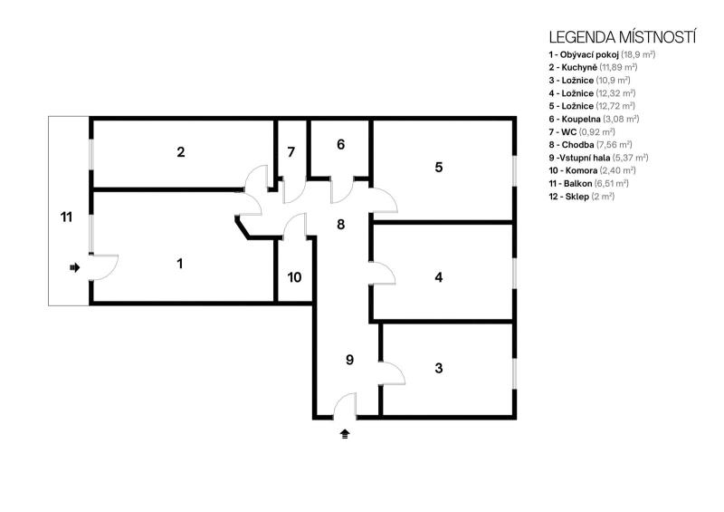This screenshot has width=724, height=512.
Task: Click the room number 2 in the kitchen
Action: tap(180, 151)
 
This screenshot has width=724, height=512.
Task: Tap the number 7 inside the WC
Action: tap(291, 152)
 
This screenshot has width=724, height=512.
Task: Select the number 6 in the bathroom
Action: tap(341, 145)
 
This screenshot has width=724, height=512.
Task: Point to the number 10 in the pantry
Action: tap(295, 277)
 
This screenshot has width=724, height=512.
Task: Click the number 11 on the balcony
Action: tap(66, 217)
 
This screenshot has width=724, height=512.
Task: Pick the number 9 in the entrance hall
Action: tap(349, 360)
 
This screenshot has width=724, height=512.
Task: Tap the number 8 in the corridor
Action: tap(341, 225)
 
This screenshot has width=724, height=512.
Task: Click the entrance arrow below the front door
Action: tap(345, 434)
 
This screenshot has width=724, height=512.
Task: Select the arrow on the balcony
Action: tap(75, 267)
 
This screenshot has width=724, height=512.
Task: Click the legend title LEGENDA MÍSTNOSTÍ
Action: tap(623, 37)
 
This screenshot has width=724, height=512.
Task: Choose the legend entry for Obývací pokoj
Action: tap(602, 54)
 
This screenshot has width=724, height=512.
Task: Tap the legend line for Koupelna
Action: tap(594, 120)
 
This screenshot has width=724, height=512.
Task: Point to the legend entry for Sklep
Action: tap(582, 197)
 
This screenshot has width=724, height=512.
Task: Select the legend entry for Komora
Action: tap(593, 170)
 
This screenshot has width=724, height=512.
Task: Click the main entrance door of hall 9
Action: tap(345, 405)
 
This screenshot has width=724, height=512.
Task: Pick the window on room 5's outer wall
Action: tap(514, 170)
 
